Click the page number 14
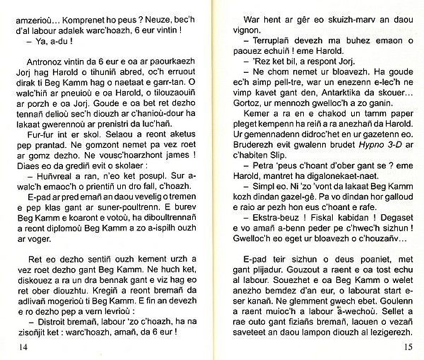click(x=17, y=346)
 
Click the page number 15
click(x=408, y=346)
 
